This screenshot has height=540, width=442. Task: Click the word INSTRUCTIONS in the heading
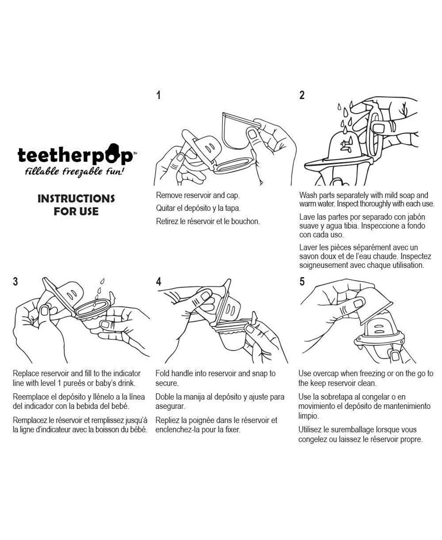click(x=76, y=199)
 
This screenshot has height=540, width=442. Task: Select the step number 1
click(x=158, y=95)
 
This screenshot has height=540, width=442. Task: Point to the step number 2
click(x=302, y=95)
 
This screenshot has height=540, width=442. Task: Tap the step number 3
click(x=15, y=282)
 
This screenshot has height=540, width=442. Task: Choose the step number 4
click(x=158, y=282)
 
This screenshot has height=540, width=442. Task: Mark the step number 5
click(x=302, y=282)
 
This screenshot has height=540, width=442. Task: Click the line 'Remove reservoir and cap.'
click(x=198, y=195)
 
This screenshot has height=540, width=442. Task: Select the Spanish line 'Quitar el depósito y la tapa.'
click(x=198, y=208)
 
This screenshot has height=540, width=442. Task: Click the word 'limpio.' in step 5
click(x=309, y=416)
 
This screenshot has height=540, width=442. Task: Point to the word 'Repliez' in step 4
click(x=167, y=420)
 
